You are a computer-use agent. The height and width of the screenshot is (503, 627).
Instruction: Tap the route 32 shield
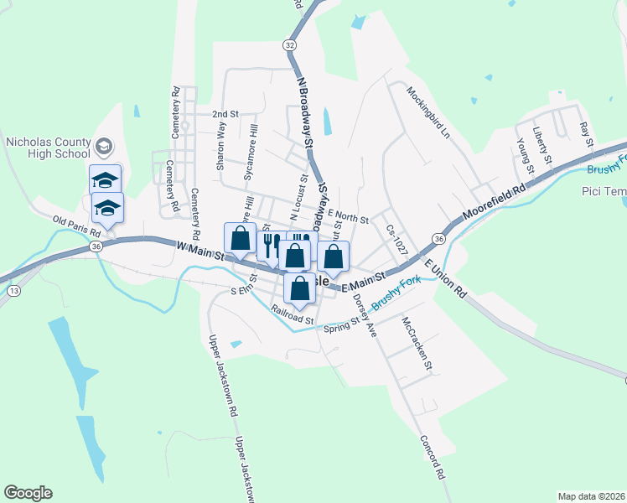coord(290,44)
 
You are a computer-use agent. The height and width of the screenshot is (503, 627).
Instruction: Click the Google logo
coord(28,493)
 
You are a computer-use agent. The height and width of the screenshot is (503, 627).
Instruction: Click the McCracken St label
coord(417,343)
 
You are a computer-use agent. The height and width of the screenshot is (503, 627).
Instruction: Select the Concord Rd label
coord(433,456)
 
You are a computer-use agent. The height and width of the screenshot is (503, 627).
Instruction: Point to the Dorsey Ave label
coord(365,314)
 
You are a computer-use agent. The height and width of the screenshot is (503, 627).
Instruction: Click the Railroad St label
coord(293,314)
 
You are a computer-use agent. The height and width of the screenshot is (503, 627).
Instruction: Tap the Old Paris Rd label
coord(70,221)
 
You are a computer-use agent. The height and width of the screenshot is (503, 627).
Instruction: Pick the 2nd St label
coord(225,114)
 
